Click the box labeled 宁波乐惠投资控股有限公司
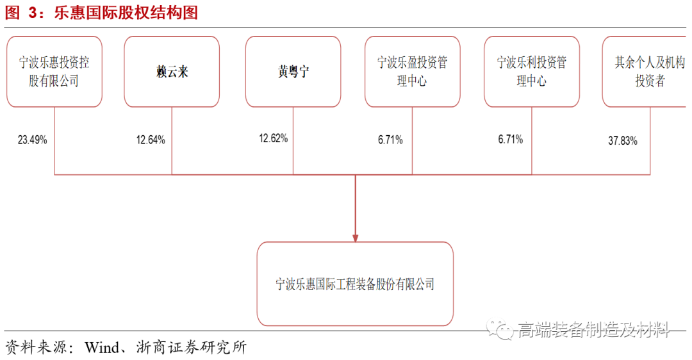54,71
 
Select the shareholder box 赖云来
172,71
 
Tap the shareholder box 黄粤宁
293,71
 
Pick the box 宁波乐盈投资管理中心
412,71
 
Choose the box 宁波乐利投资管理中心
532,71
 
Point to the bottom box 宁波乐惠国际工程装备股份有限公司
355,284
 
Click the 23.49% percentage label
33,140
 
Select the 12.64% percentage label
151,140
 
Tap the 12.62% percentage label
274,138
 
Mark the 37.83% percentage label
622,141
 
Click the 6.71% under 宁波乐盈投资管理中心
390,140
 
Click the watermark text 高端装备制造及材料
593,330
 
